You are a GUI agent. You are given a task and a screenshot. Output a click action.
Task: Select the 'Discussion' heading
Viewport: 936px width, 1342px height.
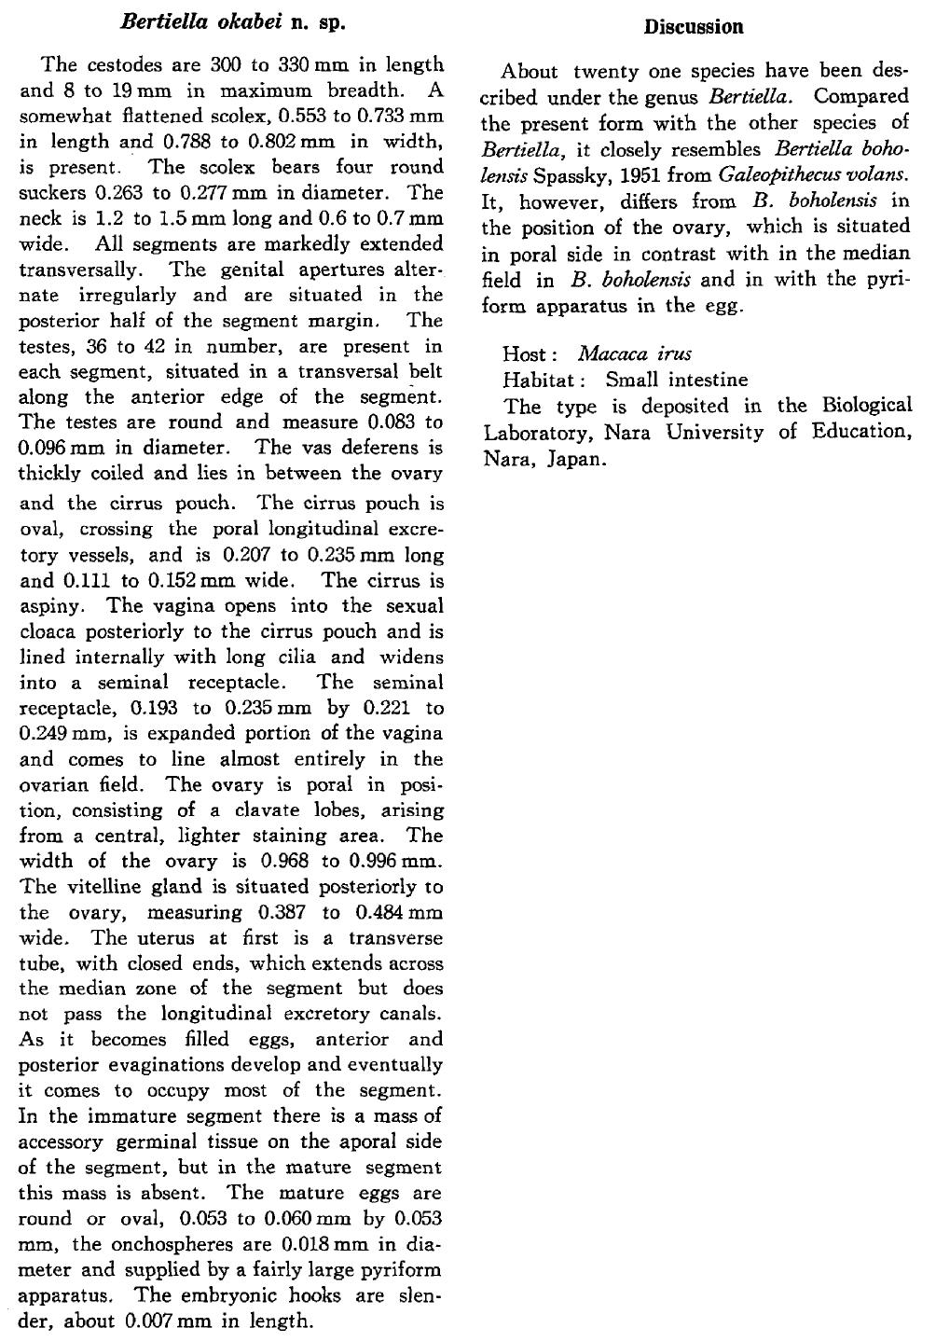[x=695, y=26]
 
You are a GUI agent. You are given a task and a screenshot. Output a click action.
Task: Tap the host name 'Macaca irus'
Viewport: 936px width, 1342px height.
[x=635, y=354]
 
